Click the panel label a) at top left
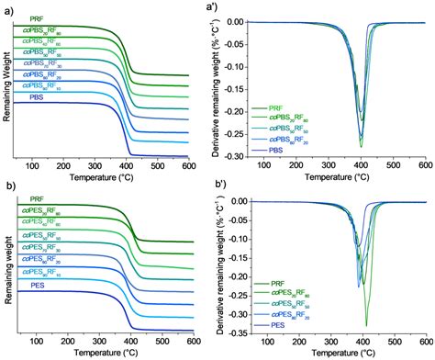tap(6, 7)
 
